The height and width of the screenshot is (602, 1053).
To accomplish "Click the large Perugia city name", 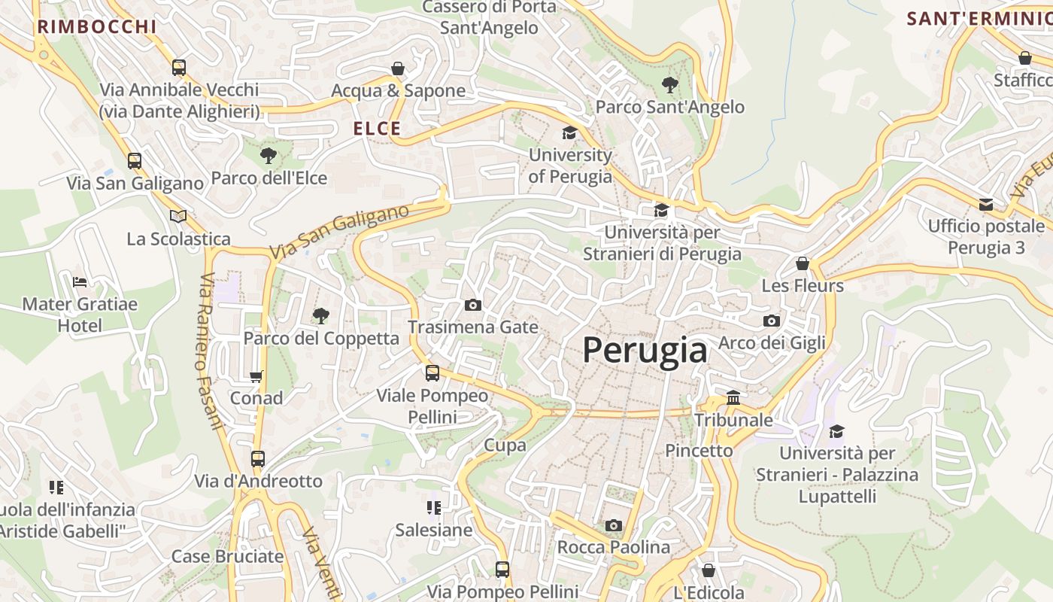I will (645, 351).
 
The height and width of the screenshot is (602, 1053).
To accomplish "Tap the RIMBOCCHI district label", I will (97, 27).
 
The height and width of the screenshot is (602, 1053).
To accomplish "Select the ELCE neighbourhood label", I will (378, 129).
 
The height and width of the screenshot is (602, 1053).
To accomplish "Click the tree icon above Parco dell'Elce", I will (268, 156).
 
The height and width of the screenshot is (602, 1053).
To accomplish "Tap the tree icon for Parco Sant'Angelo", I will (669, 84).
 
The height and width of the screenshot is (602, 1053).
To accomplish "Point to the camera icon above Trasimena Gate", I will (473, 305).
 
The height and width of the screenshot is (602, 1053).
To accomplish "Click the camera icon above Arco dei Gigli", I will (771, 321).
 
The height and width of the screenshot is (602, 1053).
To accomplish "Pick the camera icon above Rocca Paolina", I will (614, 525).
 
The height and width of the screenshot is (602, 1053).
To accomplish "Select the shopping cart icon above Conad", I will (256, 376).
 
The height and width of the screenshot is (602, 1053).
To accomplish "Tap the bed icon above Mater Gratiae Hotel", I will (80, 282).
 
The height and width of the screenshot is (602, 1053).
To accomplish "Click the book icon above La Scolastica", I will (178, 217).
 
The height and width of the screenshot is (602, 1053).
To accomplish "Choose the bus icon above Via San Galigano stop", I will (135, 161).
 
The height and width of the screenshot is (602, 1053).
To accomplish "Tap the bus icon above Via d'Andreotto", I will (258, 458).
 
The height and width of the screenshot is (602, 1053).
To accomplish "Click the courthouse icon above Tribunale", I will (733, 397).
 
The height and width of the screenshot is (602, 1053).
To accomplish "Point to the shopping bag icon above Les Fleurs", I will (803, 264).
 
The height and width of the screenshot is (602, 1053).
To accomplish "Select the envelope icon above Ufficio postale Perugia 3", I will (986, 204).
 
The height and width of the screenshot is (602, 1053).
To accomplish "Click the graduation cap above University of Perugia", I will (570, 133).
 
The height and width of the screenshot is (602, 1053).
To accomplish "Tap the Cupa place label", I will (505, 445).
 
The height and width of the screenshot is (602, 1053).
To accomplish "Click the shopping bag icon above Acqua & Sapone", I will (398, 68).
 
